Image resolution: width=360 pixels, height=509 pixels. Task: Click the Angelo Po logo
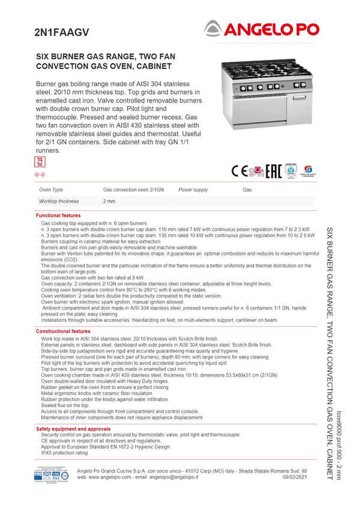point(262,28)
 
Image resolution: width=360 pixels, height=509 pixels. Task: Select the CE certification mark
point(238,170)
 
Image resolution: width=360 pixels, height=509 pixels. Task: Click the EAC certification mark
point(274,170)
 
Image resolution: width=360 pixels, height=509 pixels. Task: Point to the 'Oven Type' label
point(51,189)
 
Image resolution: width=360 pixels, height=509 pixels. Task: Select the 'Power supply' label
point(193,189)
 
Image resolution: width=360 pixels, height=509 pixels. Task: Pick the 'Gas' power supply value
point(247,189)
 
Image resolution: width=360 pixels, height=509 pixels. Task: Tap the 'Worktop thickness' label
point(59,201)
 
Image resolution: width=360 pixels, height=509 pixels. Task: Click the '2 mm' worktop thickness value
point(109,201)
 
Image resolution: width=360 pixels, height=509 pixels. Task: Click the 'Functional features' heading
point(58,215)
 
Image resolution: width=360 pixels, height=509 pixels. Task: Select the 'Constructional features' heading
point(63,331)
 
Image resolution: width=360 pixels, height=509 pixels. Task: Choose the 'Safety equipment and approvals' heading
point(73,429)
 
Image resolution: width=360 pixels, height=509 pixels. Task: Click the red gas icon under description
point(40,161)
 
